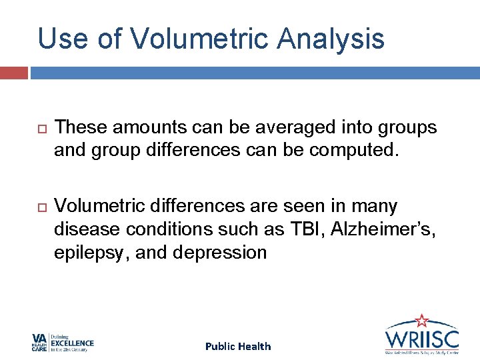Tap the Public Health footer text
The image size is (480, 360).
click(238, 346)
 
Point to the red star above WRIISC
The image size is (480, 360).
click(421, 320)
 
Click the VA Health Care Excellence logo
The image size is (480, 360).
click(63, 343)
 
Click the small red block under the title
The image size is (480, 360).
click(13, 72)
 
